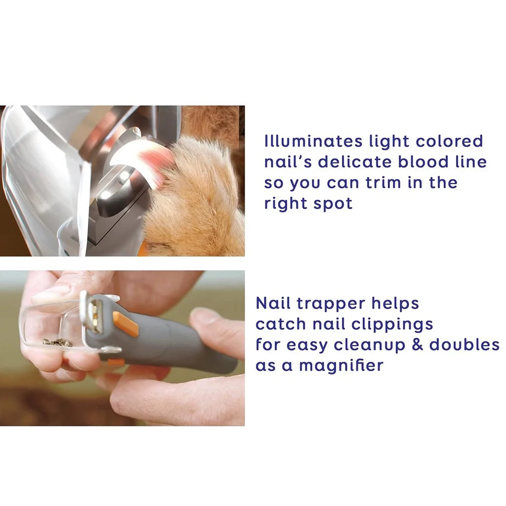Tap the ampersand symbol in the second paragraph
coord(418,344)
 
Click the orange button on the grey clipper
coord(126,324)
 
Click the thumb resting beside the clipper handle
coord(217,326)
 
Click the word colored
coord(449,141)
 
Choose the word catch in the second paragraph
coord(280,324)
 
